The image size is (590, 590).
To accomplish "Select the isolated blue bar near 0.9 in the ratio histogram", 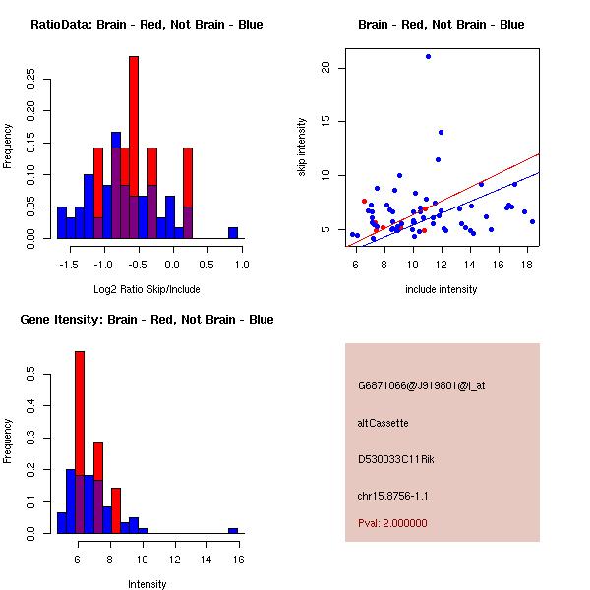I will (233, 232).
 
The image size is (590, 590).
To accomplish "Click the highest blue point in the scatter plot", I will (428, 56).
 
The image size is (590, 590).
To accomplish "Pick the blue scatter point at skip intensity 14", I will (441, 132).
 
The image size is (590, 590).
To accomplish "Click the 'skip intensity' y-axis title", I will (303, 147).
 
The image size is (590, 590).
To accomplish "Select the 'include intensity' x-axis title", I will (442, 289).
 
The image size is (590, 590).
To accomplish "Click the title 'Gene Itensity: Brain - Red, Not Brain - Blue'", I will (147, 320).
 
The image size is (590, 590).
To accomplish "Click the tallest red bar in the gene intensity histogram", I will (80, 442).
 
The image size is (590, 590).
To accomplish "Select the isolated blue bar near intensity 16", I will (233, 530).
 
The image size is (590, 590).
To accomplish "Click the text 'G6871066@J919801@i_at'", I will (421, 385).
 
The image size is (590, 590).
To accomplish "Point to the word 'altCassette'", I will (383, 423).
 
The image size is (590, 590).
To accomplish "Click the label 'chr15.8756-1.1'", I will (392, 496).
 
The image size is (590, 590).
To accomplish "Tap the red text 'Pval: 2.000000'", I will (392, 523).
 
